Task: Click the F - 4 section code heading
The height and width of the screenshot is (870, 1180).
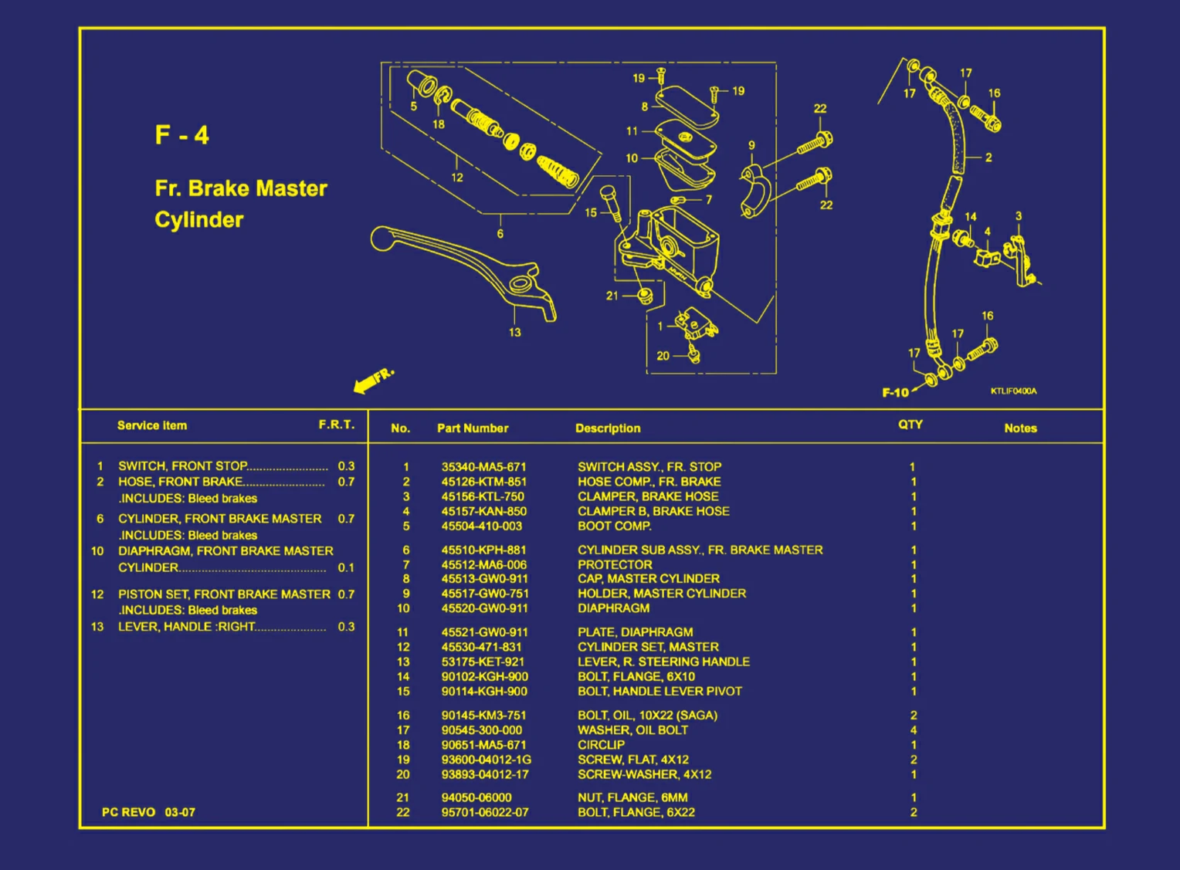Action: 181,135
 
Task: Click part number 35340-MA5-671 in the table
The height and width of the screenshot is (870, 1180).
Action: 483,467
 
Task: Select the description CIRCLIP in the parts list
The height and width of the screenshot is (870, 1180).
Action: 601,745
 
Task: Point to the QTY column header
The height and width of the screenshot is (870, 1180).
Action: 910,425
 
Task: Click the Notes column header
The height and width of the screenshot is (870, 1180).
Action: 1019,428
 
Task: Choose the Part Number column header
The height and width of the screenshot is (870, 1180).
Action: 473,428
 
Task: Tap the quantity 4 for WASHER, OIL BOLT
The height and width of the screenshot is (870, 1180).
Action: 914,730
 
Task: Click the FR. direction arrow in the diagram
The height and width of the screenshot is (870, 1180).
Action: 373,380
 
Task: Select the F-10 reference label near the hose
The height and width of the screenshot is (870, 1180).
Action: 895,393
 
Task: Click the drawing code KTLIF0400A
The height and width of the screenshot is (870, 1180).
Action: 1013,391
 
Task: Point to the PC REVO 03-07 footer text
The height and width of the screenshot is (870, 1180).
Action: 148,812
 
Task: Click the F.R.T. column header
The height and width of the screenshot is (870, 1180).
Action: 336,425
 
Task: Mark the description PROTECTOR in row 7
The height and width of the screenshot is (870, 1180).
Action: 615,565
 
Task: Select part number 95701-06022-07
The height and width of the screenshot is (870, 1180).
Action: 485,812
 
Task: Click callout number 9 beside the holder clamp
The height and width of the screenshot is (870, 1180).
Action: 751,145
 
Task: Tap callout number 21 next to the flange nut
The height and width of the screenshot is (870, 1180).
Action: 612,296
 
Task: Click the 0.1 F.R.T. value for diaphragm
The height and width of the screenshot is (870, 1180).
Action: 346,567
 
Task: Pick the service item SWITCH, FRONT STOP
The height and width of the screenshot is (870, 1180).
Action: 182,466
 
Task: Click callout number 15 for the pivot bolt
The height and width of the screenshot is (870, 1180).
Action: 591,212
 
